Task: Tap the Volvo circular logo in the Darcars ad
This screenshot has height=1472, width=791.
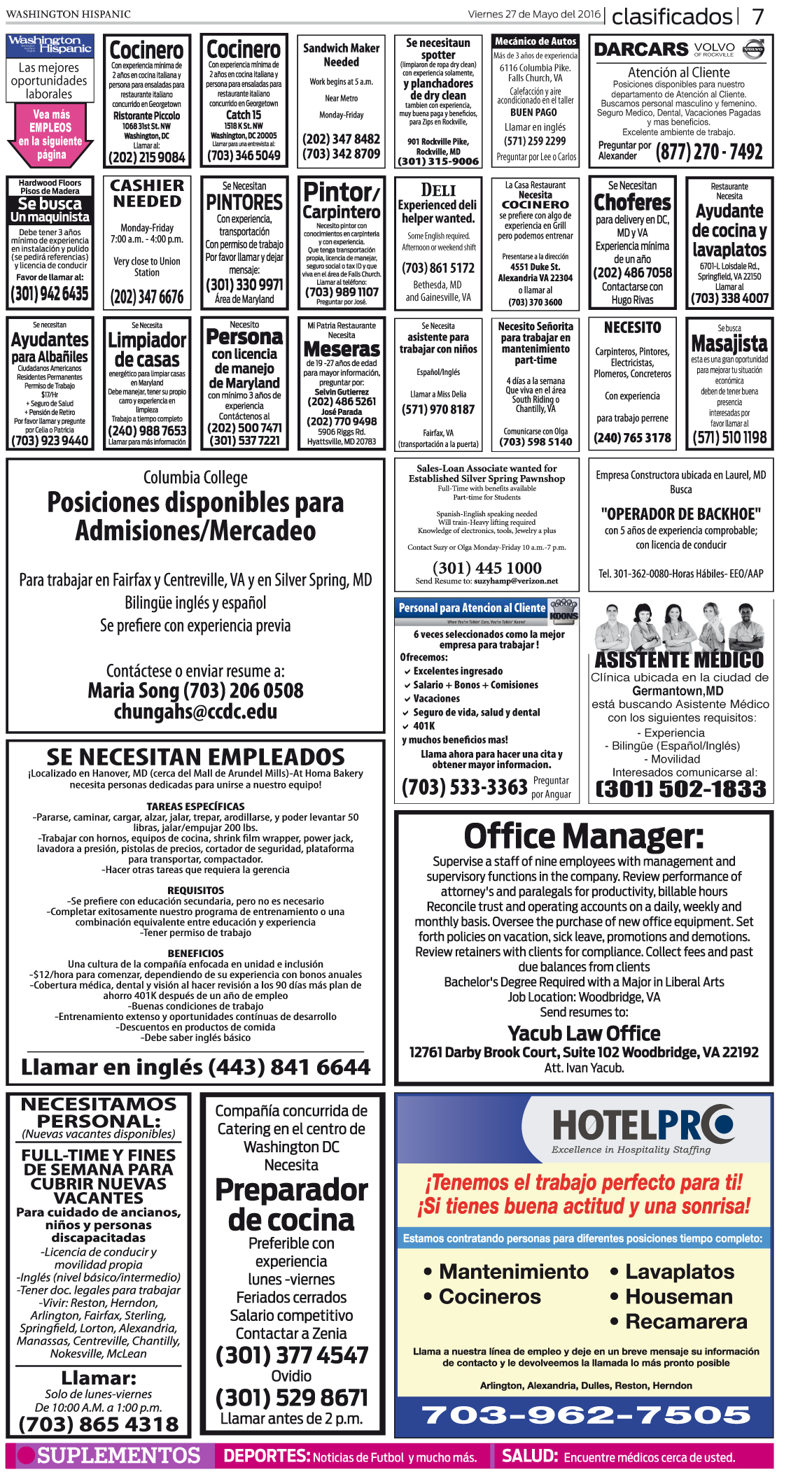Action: (753, 50)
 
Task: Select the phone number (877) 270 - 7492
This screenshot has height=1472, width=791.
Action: (708, 152)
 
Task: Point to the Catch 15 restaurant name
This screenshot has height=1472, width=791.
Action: (243, 115)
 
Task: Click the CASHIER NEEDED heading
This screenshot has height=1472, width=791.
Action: (147, 194)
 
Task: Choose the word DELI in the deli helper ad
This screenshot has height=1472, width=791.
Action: (438, 190)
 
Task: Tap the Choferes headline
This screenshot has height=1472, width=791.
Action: (632, 203)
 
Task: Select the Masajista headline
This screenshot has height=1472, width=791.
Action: (729, 344)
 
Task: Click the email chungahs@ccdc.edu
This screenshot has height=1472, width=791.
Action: (195, 712)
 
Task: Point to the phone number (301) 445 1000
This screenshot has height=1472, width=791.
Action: (486, 567)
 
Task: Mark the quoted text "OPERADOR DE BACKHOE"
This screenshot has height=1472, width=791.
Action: (680, 514)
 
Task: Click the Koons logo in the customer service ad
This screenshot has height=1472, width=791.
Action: (563, 611)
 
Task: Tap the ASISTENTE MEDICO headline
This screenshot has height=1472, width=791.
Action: (679, 660)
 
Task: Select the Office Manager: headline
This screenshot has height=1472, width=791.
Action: (583, 836)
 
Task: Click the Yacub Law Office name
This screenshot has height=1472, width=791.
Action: (584, 1033)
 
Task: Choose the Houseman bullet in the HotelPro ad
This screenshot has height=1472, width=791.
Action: (678, 1296)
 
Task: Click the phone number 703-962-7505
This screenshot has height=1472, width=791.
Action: (586, 1415)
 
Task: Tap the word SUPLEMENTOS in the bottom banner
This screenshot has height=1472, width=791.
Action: (118, 1456)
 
